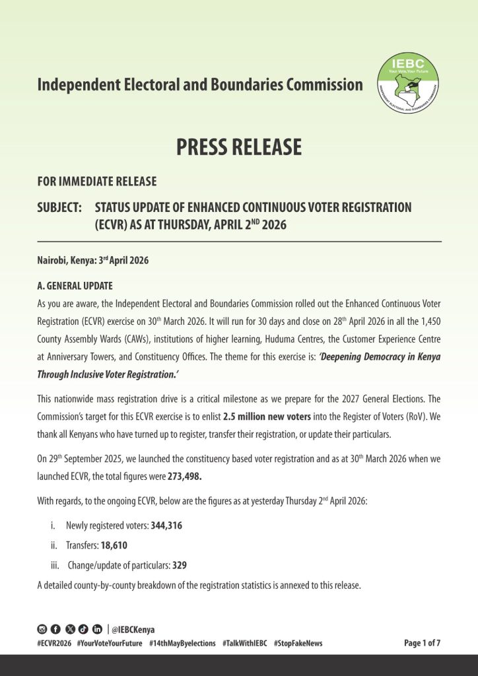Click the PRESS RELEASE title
pos(239,147)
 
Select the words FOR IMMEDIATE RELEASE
pos(97,182)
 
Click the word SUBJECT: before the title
pos(59,208)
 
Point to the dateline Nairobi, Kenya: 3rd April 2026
pos(93,260)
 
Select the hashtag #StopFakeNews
pos(298,644)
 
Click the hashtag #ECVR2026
pos(54,644)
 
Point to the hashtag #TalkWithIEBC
pos(244,644)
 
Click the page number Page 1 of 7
pos(422,644)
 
